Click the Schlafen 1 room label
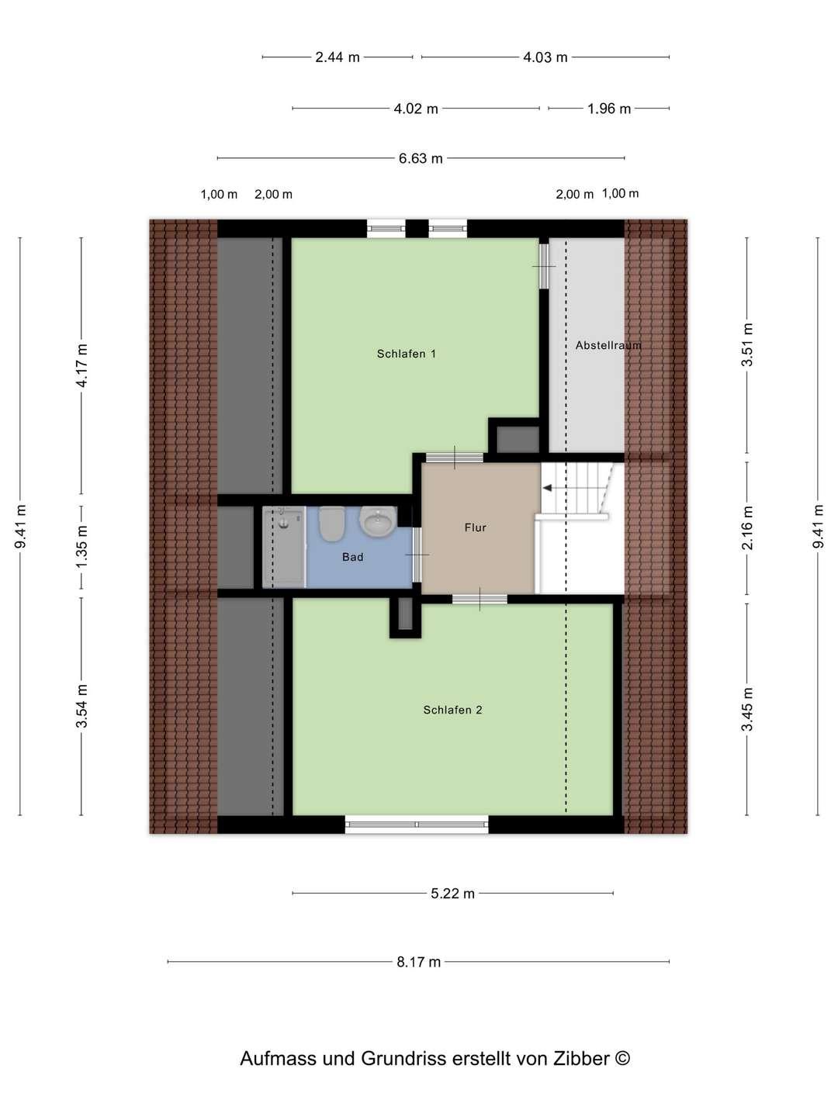[406, 354]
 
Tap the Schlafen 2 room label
[452, 710]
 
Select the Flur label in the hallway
[475, 527]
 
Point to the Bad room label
[352, 557]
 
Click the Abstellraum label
[608, 345]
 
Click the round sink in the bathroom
[378, 520]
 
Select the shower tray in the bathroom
[284, 547]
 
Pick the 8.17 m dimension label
[419, 962]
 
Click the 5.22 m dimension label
[452, 893]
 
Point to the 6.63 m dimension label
[421, 158]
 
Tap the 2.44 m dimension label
[338, 57]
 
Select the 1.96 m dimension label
[609, 109]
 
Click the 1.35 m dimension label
[81, 547]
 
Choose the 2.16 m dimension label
[747, 527]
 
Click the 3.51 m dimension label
[747, 344]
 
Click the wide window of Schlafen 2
[416, 824]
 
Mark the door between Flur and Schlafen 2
[480, 599]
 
